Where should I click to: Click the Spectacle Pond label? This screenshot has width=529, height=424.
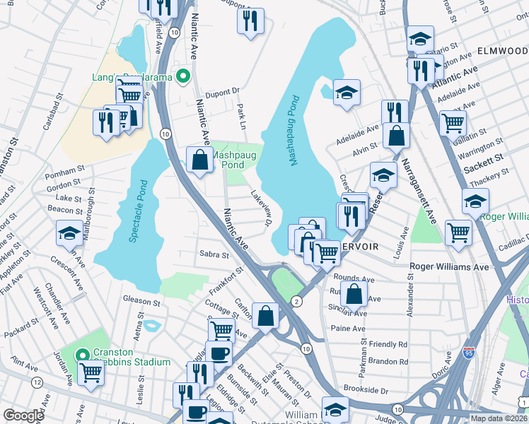point(138,212)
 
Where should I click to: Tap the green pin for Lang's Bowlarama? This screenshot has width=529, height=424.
point(183,76)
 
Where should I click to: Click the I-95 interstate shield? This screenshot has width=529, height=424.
point(469,351)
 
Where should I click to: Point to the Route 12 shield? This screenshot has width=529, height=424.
point(35,382)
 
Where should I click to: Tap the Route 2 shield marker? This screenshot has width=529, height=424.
point(296,302)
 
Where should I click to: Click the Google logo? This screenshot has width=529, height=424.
point(23,416)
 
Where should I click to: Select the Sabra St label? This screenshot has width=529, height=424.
point(214,254)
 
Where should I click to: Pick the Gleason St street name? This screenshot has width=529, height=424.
point(141,301)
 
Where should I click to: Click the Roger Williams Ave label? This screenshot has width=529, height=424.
point(450,267)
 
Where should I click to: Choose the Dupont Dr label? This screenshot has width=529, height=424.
point(223,92)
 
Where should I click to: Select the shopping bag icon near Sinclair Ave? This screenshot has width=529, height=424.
point(356,291)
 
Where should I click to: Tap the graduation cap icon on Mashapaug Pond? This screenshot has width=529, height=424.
point(346,93)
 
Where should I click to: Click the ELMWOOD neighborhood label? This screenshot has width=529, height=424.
point(502,52)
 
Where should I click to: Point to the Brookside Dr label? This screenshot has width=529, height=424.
point(366,389)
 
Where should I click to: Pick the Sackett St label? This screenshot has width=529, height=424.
point(483,158)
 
